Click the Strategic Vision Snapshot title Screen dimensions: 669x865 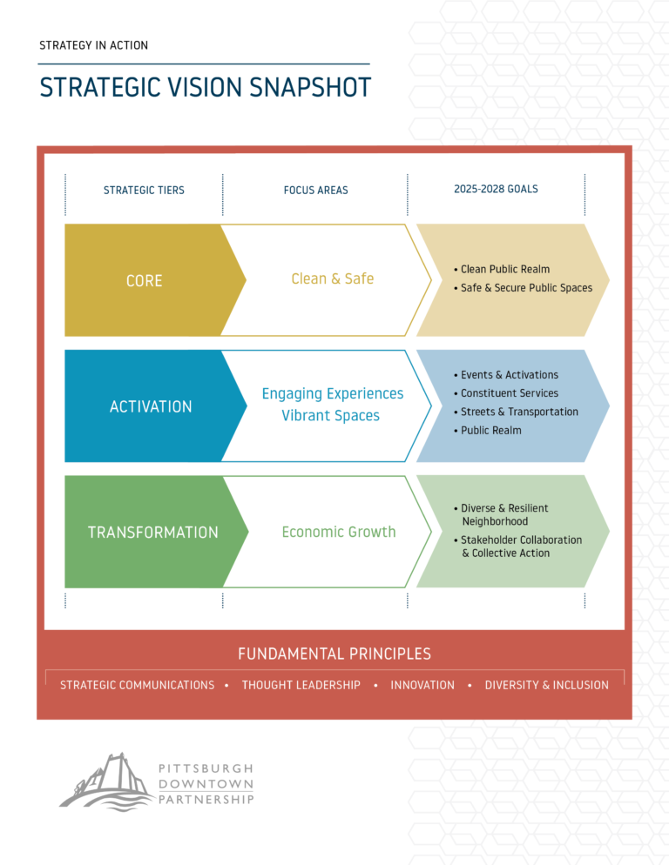(x=205, y=88)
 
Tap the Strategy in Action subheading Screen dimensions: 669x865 (x=93, y=45)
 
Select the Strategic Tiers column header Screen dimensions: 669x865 (x=144, y=191)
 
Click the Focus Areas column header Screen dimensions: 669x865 (x=315, y=191)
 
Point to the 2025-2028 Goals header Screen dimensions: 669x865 (x=496, y=189)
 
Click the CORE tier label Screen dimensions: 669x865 (x=145, y=281)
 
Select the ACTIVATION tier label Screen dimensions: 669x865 (x=151, y=406)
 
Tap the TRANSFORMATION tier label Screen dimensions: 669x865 (x=153, y=533)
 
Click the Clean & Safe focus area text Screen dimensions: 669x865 (x=333, y=278)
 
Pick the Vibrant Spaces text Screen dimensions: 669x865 (x=331, y=415)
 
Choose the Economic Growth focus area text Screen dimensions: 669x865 (x=339, y=532)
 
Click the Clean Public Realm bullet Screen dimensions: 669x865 (x=502, y=269)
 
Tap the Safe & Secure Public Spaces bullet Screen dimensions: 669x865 (x=523, y=288)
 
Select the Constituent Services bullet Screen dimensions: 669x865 (x=506, y=393)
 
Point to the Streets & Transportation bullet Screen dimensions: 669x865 (x=516, y=412)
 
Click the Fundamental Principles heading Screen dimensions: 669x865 (x=334, y=654)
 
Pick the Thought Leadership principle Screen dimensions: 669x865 (x=301, y=685)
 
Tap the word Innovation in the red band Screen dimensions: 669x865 (x=422, y=685)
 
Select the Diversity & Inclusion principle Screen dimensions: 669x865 (x=547, y=685)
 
